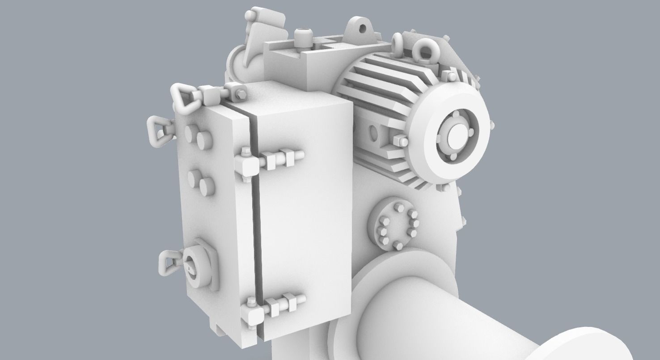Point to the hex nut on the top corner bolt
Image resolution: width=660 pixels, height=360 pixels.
(240, 94)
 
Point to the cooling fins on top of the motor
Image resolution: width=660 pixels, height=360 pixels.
(385, 76)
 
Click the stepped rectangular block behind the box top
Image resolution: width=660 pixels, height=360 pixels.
(295, 63)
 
